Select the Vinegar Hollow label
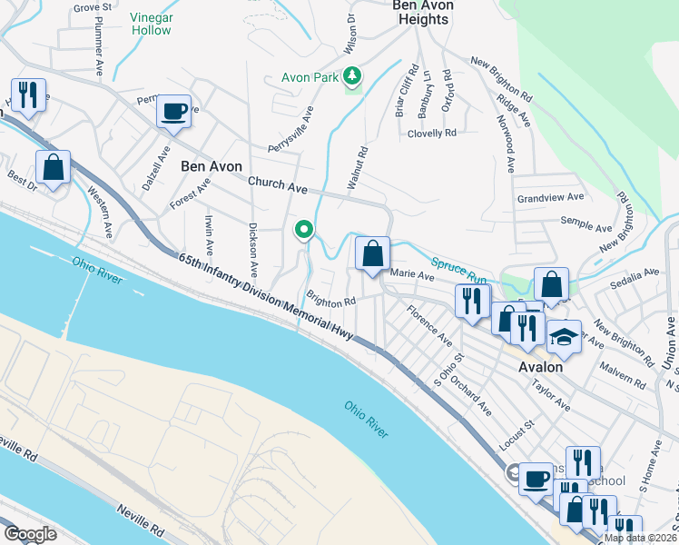(150, 24)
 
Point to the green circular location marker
(304, 230)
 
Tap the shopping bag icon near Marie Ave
(372, 253)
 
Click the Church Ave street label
(279, 184)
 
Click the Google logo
(30, 534)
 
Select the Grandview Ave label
(550, 197)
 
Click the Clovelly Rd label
(432, 134)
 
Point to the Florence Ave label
(428, 325)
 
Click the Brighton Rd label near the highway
(330, 300)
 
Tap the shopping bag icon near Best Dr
(53, 168)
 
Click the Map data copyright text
(639, 538)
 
